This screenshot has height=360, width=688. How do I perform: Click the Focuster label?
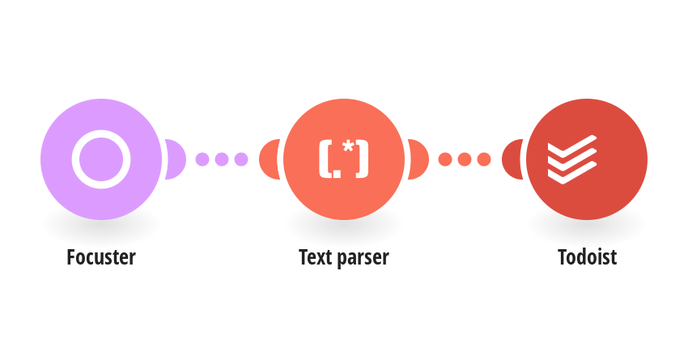pyautogui.click(x=101, y=257)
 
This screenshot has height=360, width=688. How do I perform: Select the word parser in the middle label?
pyautogui.click(x=363, y=259)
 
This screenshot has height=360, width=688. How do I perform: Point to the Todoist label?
pyautogui.click(x=587, y=257)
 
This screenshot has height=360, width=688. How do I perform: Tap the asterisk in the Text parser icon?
pyautogui.click(x=348, y=147)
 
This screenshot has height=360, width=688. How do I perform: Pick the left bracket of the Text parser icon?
pyautogui.click(x=324, y=159)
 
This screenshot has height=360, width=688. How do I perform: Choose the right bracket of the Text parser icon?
pyautogui.click(x=363, y=159)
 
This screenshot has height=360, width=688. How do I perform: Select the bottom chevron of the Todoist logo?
pyautogui.click(x=571, y=172)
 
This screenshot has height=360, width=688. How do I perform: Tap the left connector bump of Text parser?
pyautogui.click(x=269, y=159)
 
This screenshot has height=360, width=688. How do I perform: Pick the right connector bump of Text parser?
pyautogui.click(x=419, y=159)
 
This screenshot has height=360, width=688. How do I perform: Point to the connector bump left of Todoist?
pyautogui.click(x=512, y=159)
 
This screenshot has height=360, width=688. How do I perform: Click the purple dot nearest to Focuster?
pyautogui.click(x=202, y=159)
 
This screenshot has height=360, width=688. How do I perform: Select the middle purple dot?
pyautogui.click(x=222, y=159)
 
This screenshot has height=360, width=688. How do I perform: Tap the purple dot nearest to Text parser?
pyautogui.click(x=241, y=159)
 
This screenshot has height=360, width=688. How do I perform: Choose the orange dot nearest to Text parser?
pyautogui.click(x=445, y=159)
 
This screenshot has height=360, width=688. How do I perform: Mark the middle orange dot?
pyautogui.click(x=465, y=159)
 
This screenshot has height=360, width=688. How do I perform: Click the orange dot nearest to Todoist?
pyautogui.click(x=484, y=159)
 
